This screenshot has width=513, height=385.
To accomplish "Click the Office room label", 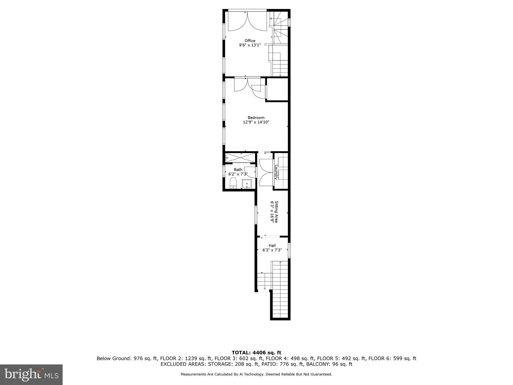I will coord(250,41).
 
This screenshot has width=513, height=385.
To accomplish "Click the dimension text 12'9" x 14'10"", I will coord(256,122).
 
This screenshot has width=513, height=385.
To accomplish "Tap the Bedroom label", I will coord(256,118).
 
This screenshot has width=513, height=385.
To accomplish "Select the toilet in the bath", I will coord(233,183).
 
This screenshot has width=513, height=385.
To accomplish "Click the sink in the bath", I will coord(247,184).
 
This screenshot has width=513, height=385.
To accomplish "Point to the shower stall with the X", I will coord(240,158).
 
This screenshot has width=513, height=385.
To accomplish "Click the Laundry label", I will coord(276,172).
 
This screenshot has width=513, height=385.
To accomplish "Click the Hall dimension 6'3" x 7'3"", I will coord(272,250).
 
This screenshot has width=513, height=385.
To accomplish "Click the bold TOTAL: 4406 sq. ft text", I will coord(256,353).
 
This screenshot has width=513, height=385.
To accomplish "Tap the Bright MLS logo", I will coord(31,374).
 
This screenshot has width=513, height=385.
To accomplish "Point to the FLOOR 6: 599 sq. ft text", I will coord(392,358).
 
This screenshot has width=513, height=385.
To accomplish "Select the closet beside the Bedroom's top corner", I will coord(277,89).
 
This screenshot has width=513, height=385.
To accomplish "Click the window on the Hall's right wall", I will coord(289,250).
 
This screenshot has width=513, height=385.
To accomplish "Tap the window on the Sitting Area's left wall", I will coord(256,215).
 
